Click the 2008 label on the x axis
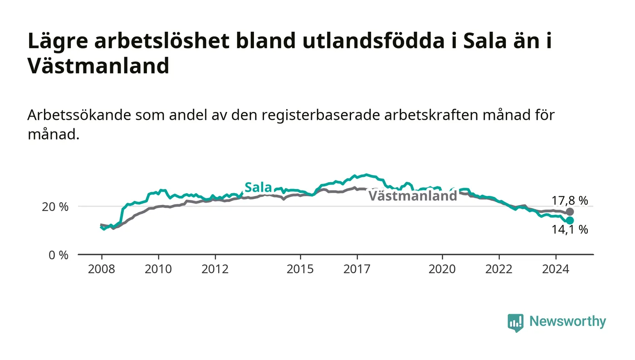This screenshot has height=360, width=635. (x=102, y=269)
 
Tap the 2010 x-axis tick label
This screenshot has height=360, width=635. (x=158, y=269)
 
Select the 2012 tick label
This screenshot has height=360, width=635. (x=215, y=269)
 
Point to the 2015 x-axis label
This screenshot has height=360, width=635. (x=300, y=269)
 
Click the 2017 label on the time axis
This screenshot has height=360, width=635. (x=357, y=269)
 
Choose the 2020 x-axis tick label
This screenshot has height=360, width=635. (x=442, y=269)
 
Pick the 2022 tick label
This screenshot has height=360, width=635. (x=499, y=269)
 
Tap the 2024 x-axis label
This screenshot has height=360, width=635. (x=556, y=269)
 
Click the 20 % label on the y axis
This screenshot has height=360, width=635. (x=55, y=207)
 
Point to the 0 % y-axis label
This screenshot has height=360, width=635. (x=59, y=255)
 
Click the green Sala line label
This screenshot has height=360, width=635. (x=258, y=187)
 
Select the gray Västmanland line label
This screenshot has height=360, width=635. (x=413, y=196)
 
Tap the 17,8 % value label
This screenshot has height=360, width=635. (x=570, y=201)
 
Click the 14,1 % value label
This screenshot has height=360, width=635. (x=570, y=229)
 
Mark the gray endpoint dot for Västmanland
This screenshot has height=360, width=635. (x=570, y=212)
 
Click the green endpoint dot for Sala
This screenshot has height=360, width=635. (x=570, y=220)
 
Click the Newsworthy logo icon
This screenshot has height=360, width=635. (x=515, y=322)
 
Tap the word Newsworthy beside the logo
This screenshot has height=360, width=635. (x=567, y=321)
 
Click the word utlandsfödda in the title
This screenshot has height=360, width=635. (x=373, y=40)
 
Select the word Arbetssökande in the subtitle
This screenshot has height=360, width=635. (x=79, y=115)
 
